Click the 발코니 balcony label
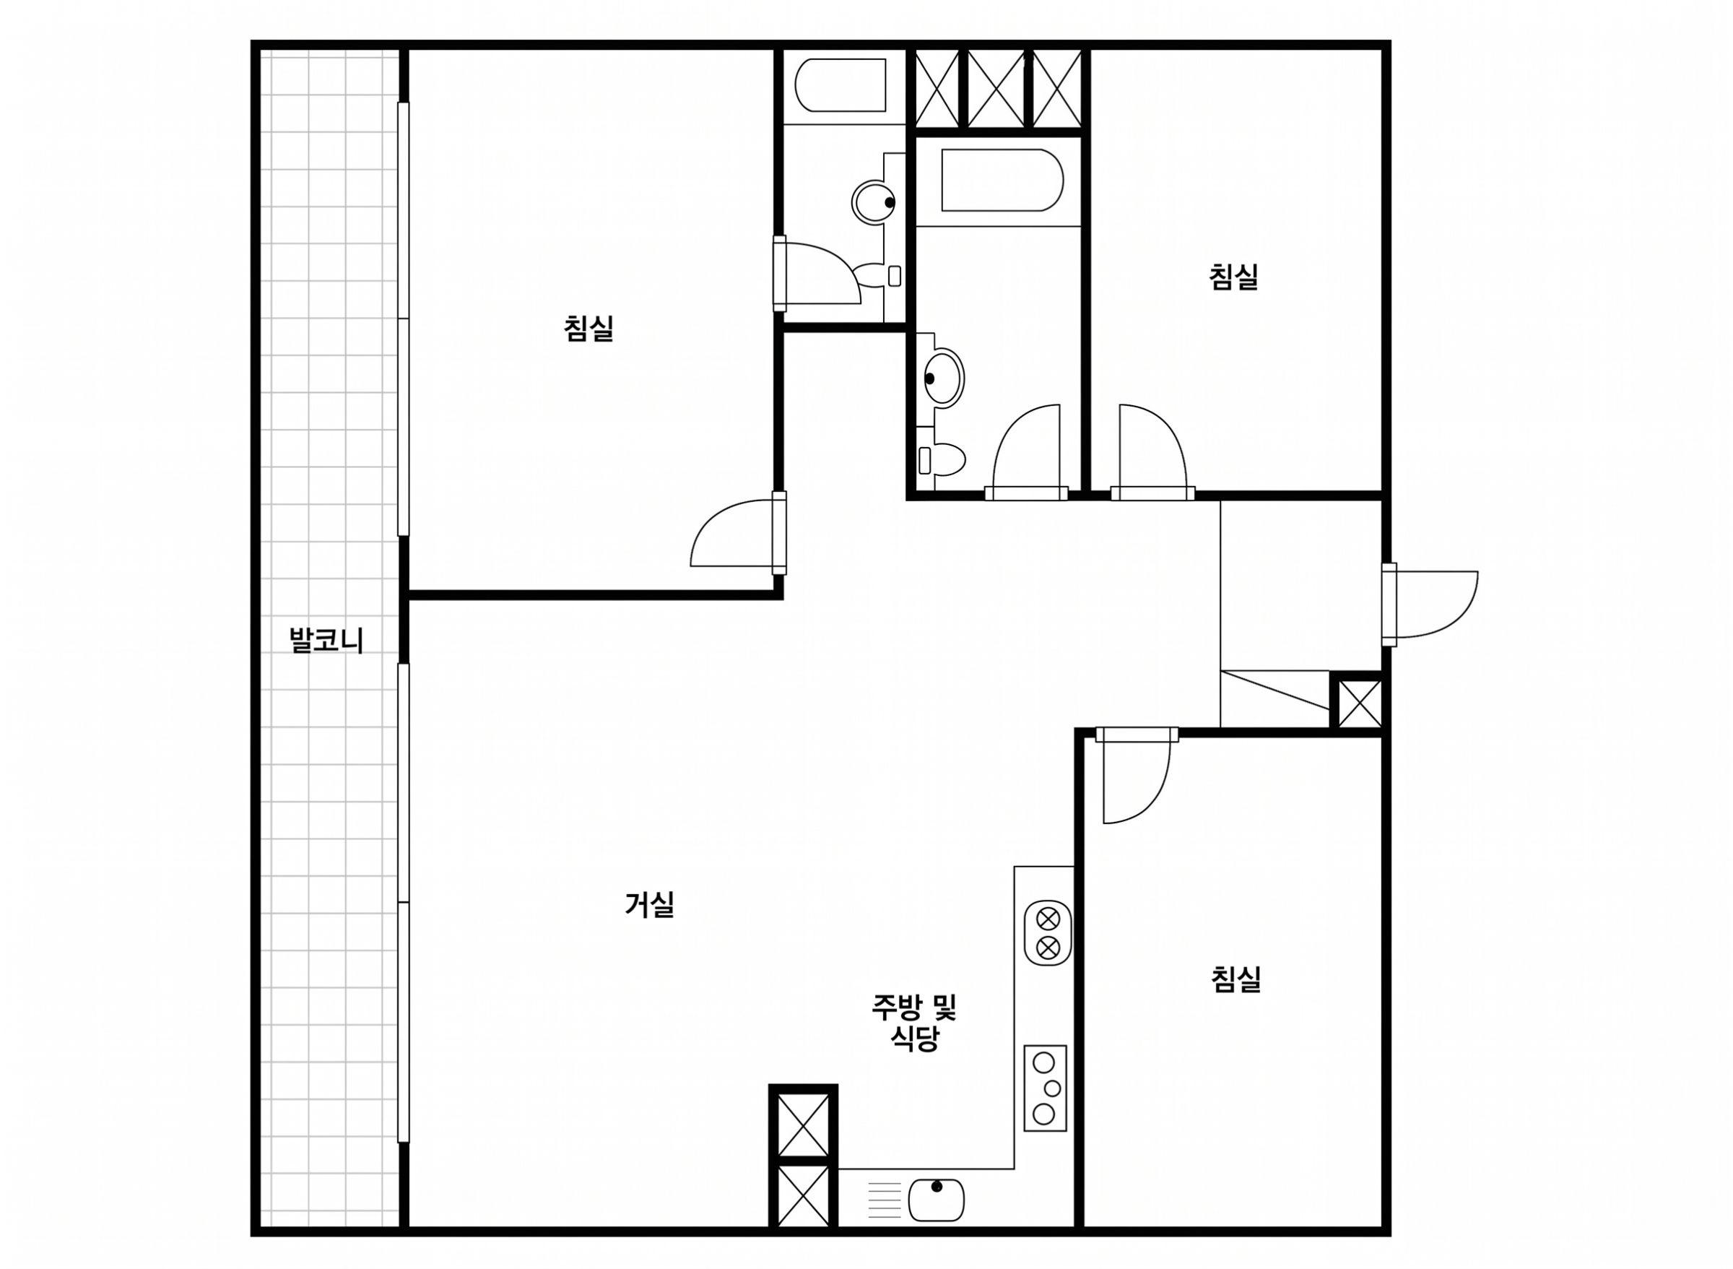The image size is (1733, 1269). [x=326, y=641]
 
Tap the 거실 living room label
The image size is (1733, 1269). [x=650, y=904]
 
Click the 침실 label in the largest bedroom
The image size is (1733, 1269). [x=588, y=329]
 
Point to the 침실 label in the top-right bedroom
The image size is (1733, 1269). [x=1234, y=277]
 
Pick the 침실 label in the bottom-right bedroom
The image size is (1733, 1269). [x=1236, y=979]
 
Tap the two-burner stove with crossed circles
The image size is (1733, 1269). [x=1048, y=932]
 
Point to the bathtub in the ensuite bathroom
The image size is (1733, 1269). [x=840, y=85]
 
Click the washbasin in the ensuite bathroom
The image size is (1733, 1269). [x=874, y=202]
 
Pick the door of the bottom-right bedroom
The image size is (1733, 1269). [x=1136, y=776]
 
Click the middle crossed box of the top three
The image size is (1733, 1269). [x=996, y=88]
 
